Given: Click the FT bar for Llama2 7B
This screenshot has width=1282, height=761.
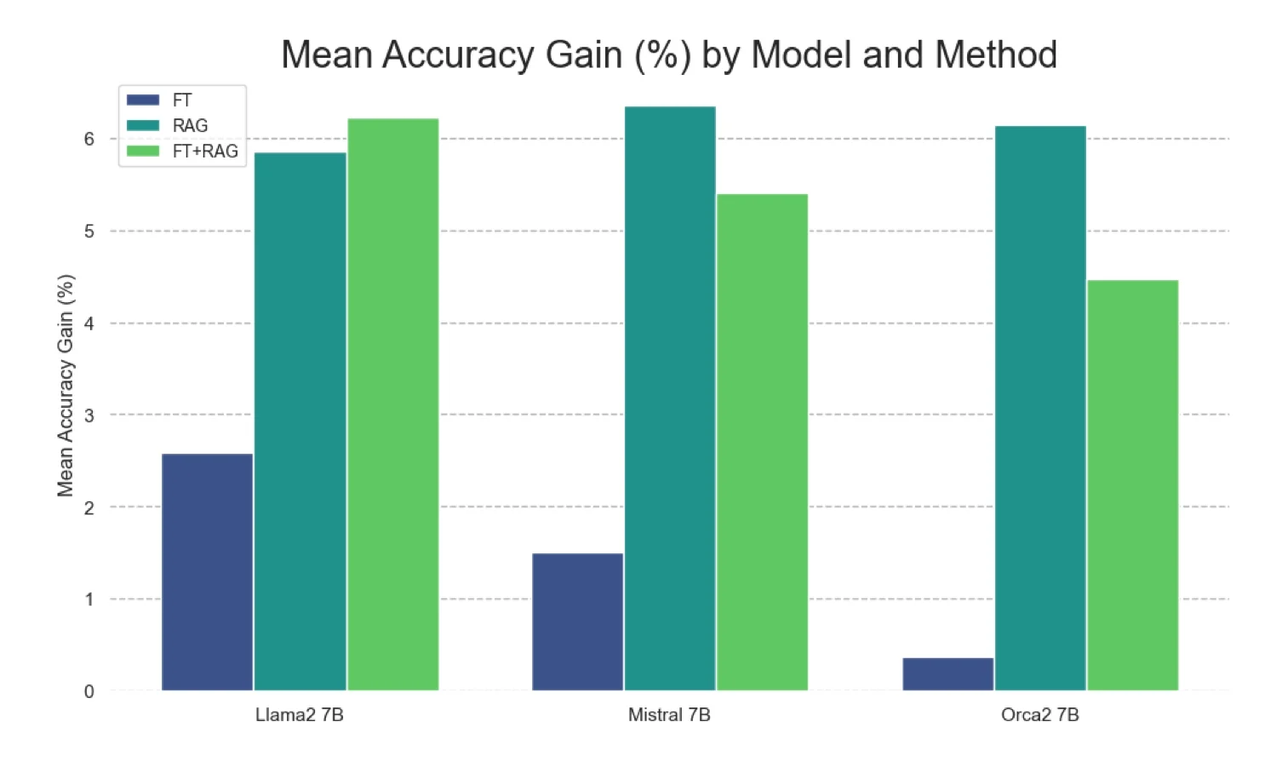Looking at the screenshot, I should (x=207, y=572).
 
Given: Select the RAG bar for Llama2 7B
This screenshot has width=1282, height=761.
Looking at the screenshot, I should (x=300, y=421).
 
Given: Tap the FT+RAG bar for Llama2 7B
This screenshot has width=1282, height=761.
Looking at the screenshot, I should (x=392, y=404).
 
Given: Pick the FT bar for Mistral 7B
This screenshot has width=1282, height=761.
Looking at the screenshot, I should (x=577, y=621).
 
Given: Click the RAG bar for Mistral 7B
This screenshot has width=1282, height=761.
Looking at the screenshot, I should (x=670, y=398).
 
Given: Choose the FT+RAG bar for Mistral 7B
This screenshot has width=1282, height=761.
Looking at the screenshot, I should (x=762, y=443).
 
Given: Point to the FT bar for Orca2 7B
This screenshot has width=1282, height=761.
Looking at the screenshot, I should (x=947, y=673).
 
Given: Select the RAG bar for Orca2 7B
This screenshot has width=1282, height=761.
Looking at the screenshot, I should (x=1040, y=409).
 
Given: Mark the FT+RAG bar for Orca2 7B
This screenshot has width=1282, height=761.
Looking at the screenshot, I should (x=1132, y=485).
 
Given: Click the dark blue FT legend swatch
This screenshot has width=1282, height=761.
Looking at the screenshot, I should (x=143, y=100).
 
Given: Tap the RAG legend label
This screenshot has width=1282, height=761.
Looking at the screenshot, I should (x=190, y=126).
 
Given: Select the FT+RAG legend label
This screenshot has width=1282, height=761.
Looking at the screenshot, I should (x=205, y=152).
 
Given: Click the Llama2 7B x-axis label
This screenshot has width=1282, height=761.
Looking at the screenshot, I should (x=300, y=715).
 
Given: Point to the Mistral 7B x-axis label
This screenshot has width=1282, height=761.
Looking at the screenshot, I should (x=669, y=715).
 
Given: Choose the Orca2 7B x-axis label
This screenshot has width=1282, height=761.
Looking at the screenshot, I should (x=1039, y=715).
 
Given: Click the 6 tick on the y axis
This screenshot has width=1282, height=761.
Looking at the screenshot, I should (x=89, y=139).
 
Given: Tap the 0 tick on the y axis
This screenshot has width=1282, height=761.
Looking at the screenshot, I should (x=89, y=692).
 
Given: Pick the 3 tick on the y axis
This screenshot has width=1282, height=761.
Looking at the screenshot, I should (x=89, y=415).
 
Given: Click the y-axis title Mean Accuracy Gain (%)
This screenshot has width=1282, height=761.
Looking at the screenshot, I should (x=66, y=385).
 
